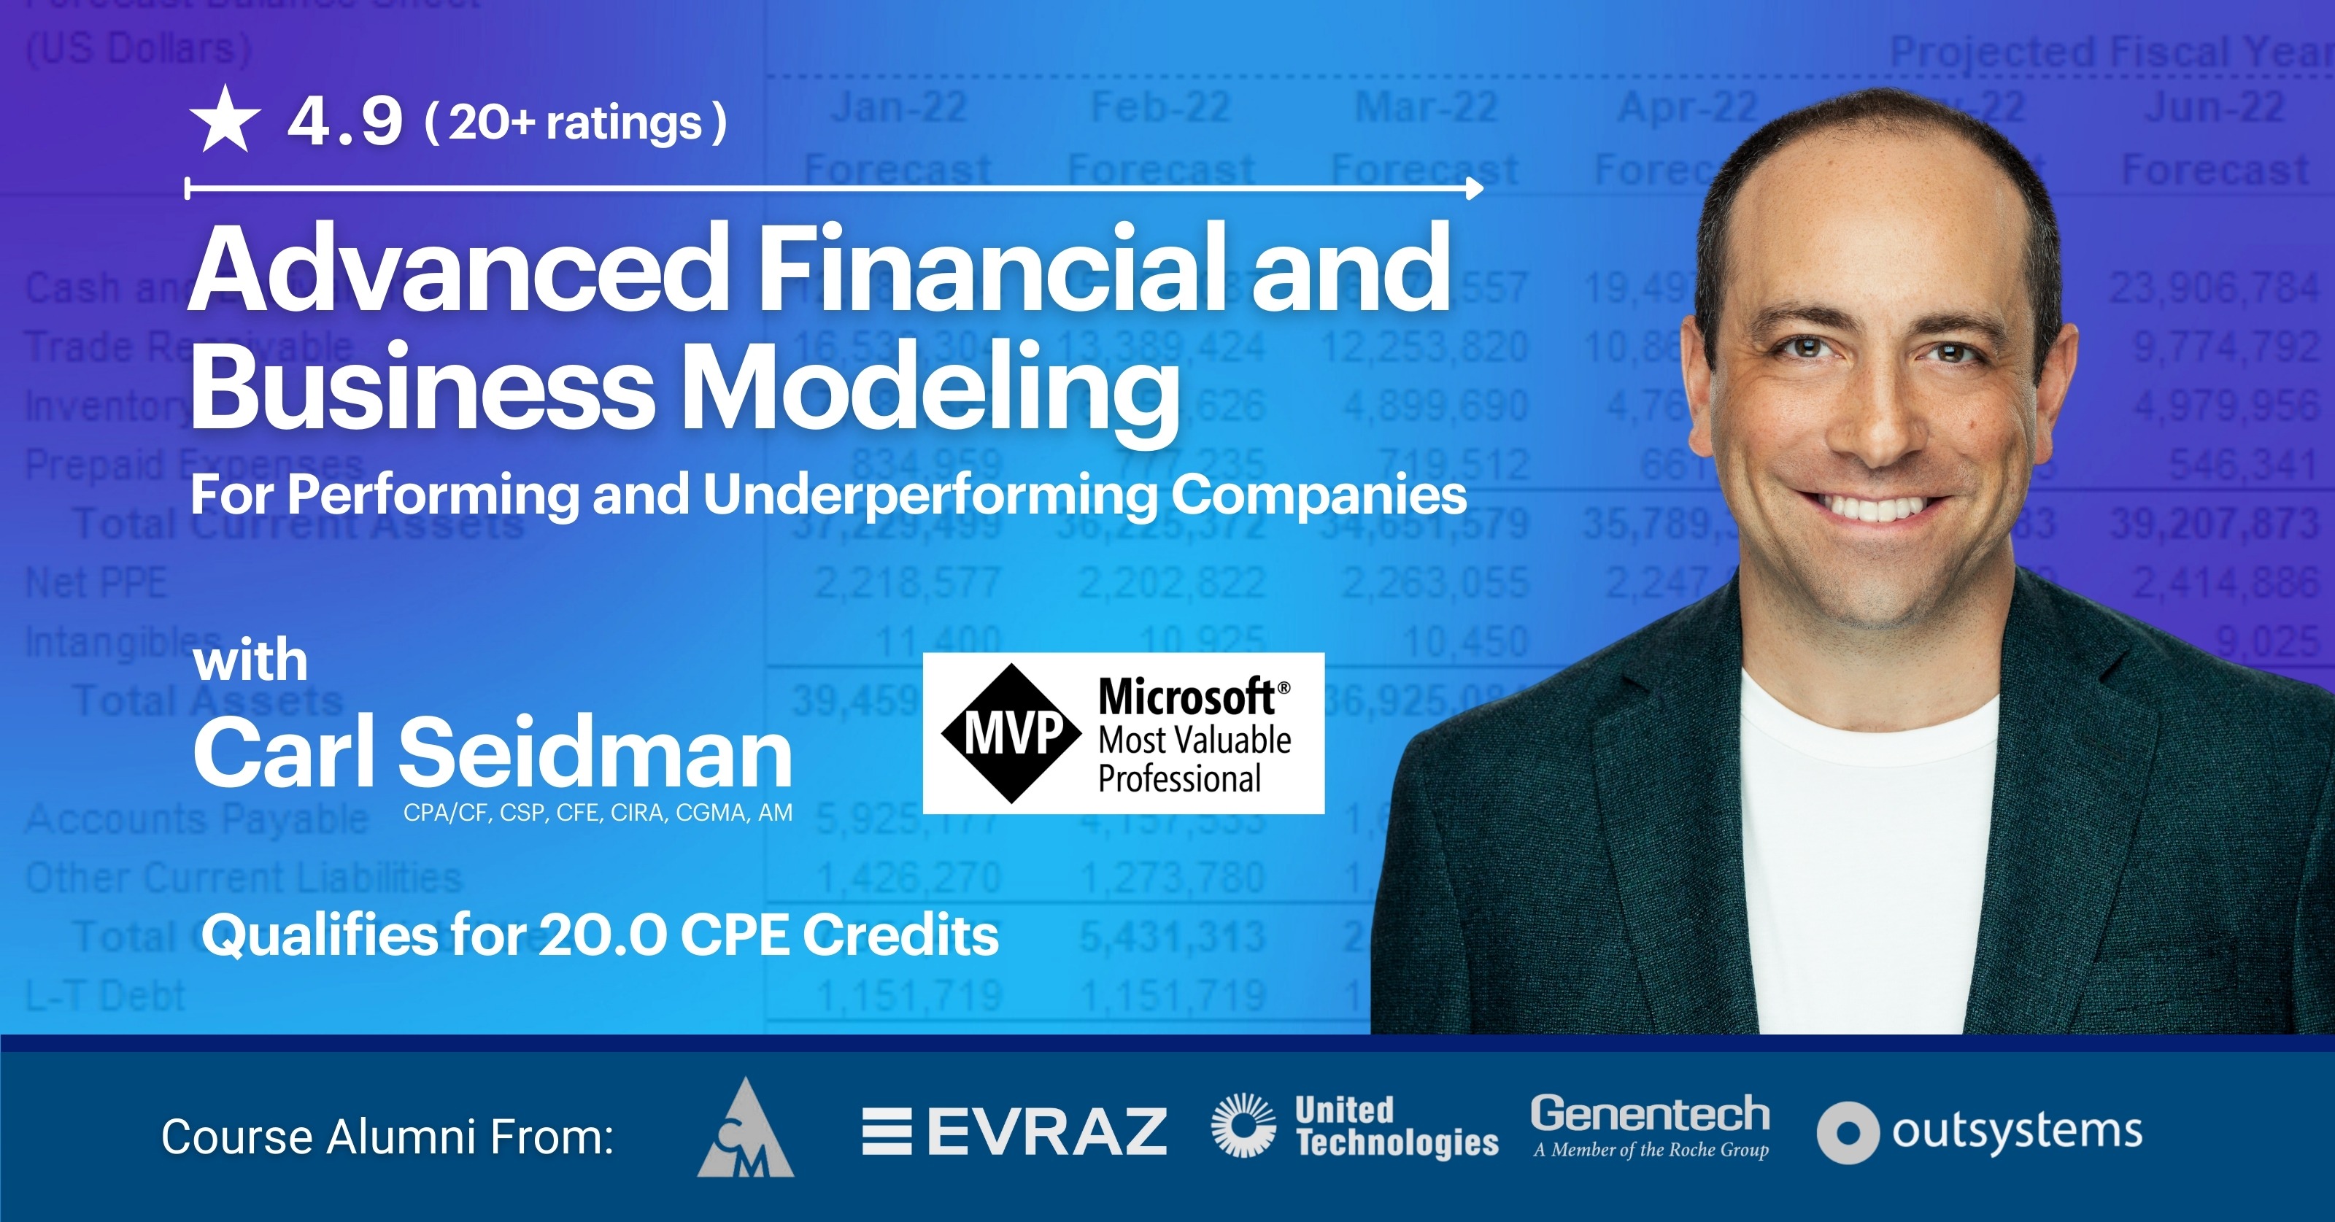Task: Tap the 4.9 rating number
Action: pos(344,122)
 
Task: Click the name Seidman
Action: pos(595,752)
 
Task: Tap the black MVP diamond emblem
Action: pos(1011,733)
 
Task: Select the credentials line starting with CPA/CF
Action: pos(598,812)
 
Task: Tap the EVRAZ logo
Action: pos(1014,1132)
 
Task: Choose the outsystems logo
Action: pos(1980,1132)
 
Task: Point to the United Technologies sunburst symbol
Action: pos(1243,1126)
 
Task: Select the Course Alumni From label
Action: pos(387,1136)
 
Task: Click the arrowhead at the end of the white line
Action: pos(1474,188)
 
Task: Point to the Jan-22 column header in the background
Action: pos(899,108)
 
